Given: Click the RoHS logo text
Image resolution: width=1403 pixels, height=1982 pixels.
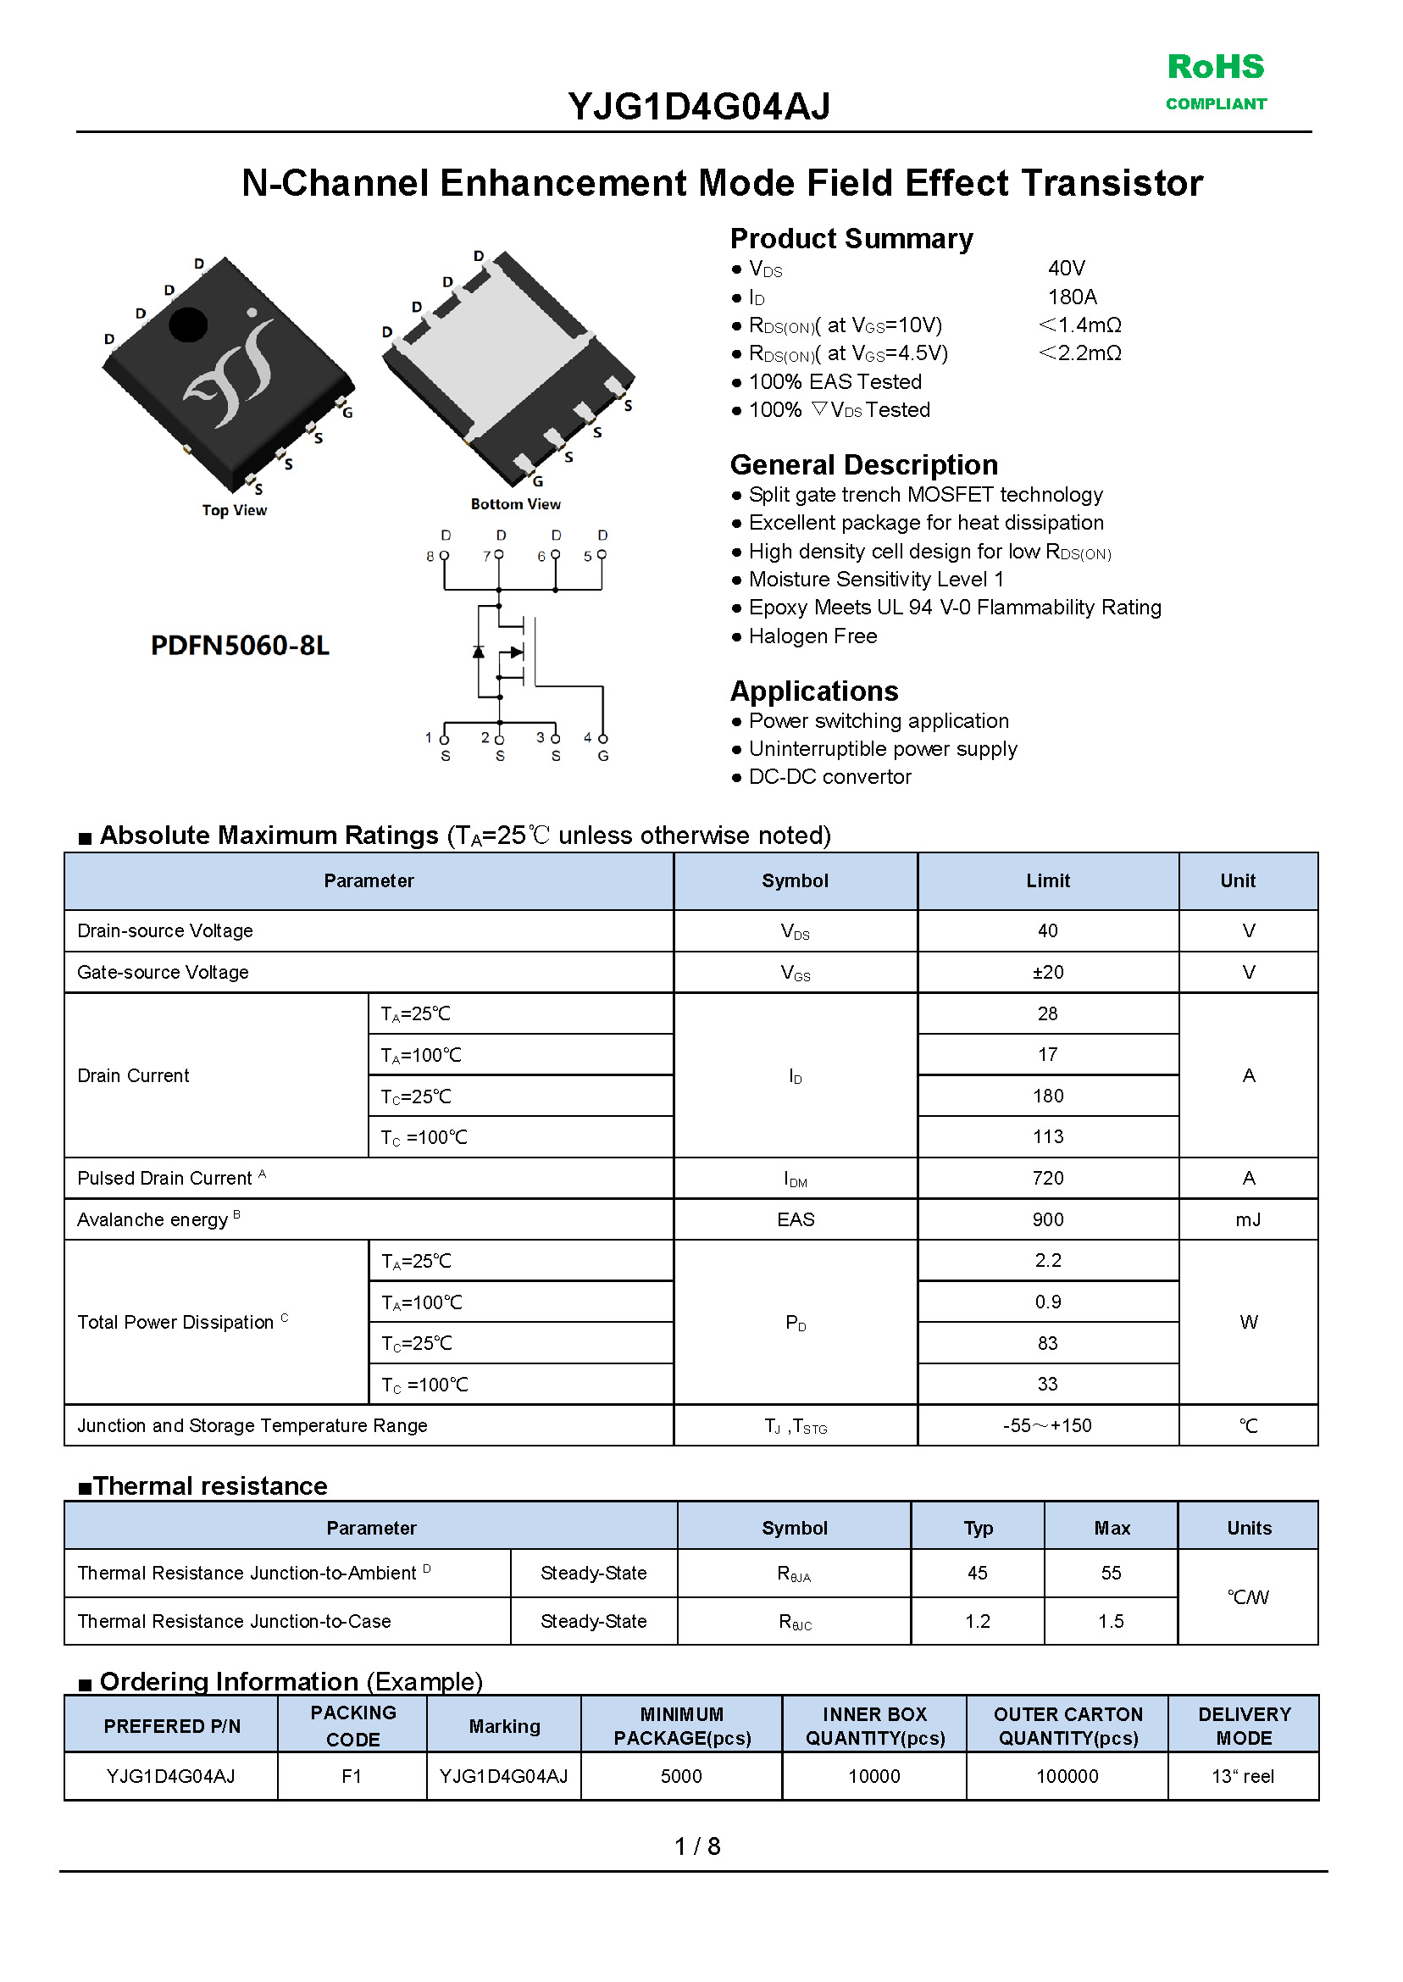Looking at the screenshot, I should [x=1215, y=68].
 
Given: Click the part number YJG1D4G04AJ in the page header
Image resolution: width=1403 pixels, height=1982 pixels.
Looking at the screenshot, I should [x=699, y=107].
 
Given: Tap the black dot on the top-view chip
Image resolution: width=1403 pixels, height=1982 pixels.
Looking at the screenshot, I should [x=187, y=325].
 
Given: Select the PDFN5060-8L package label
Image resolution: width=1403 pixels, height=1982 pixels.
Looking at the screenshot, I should [x=240, y=646].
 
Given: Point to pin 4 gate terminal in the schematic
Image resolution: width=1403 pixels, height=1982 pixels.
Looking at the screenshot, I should [x=603, y=739].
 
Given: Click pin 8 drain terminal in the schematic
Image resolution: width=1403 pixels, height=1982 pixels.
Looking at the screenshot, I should [x=444, y=555].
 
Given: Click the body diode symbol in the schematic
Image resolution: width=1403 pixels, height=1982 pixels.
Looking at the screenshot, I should [x=479, y=652].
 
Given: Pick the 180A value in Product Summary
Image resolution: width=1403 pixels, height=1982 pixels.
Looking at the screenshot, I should [x=1071, y=297].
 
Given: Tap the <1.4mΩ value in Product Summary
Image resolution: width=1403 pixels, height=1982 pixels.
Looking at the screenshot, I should [x=1079, y=325].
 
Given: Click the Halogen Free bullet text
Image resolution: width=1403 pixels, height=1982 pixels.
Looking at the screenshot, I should [x=812, y=636].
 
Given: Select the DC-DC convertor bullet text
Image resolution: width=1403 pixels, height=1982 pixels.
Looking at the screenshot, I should [x=829, y=778].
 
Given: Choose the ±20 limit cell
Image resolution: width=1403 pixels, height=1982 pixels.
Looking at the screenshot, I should [x=1047, y=973].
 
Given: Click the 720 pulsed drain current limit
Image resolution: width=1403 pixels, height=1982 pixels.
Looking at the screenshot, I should [x=1047, y=1179].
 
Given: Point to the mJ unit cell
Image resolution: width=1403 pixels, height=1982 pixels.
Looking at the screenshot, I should [x=1247, y=1220].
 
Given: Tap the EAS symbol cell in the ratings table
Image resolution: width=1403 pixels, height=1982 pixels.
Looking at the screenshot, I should [x=795, y=1220].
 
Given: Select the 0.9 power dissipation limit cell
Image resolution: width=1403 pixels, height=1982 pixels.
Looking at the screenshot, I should [x=1047, y=1302].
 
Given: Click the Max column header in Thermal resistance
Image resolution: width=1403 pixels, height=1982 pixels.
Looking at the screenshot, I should [x=1111, y=1529].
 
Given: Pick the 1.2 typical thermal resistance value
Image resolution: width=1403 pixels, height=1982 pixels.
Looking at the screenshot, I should [x=977, y=1622].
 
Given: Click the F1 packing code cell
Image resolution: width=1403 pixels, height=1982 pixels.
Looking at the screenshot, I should [x=352, y=1776].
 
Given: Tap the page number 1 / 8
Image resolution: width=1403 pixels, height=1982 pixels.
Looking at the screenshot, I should [x=697, y=1846].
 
